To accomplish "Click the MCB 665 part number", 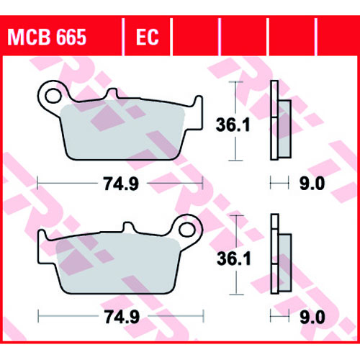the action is [x=47, y=37].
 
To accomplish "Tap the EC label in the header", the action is [x=148, y=37].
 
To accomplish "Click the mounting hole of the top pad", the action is [x=53, y=96].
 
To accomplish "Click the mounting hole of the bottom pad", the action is [x=187, y=230].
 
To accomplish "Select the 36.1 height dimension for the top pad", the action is [x=233, y=125].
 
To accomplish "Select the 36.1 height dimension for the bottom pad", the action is [x=234, y=258].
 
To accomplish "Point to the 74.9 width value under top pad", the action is [x=121, y=184].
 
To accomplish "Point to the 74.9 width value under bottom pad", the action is [x=122, y=317].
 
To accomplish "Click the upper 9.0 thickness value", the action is [x=312, y=184].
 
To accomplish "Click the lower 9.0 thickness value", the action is [x=312, y=317].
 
